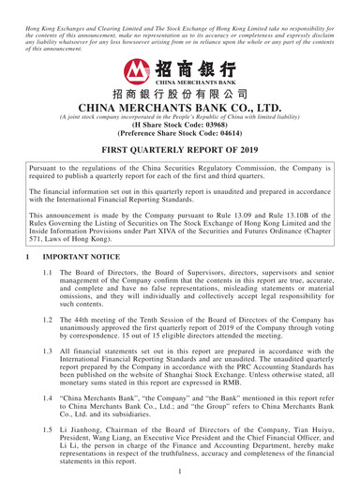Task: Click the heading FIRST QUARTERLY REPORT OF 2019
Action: click(x=180, y=147)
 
